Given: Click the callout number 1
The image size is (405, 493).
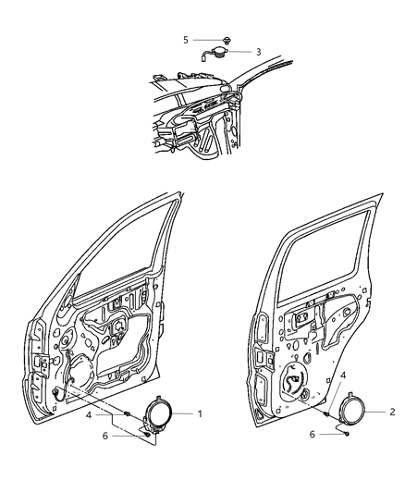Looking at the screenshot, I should point(198,413).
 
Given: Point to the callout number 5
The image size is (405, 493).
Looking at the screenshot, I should point(186,40).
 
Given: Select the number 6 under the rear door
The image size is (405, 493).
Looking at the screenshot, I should point(312,433).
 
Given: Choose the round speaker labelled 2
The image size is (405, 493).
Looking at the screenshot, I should point(351,409).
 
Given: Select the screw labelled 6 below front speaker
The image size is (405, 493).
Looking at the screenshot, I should point(146,435).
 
